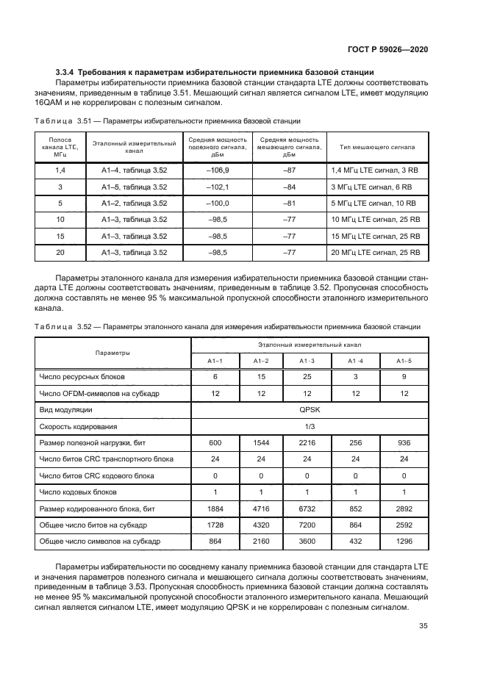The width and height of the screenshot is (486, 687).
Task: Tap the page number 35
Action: tap(424, 626)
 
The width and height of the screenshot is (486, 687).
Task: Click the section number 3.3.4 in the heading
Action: tap(68, 72)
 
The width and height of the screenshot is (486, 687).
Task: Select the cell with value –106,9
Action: tap(218, 170)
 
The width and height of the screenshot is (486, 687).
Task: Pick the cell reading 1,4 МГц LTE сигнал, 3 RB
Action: tap(374, 170)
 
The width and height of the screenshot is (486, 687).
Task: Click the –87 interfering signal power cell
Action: tap(289, 170)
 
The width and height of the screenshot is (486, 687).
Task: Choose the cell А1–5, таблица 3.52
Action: tap(135, 187)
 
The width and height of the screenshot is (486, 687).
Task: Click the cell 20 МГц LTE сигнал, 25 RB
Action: tap(376, 253)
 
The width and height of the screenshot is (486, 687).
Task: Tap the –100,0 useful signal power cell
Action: tap(218, 204)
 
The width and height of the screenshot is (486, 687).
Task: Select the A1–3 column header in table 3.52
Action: tap(307, 361)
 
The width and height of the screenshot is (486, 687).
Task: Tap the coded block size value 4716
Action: tap(261, 508)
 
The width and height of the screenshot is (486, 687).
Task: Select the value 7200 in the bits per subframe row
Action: tap(307, 524)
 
